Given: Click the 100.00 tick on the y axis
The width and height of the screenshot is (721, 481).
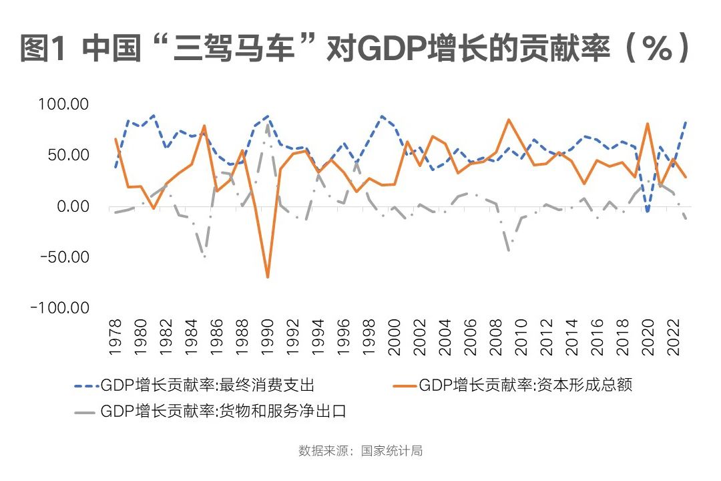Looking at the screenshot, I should coord(65,105).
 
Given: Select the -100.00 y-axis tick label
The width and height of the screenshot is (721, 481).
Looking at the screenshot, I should coord(61,307).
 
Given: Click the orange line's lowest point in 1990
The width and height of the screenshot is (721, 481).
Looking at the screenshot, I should coord(268,277).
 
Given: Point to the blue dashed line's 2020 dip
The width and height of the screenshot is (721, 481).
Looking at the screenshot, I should coord(647,212).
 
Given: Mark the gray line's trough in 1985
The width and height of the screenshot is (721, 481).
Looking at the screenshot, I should coord(204,257).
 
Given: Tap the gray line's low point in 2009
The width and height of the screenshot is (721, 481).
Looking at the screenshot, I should coord(509,250).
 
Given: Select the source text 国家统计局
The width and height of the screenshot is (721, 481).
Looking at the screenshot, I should coord(391,451).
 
